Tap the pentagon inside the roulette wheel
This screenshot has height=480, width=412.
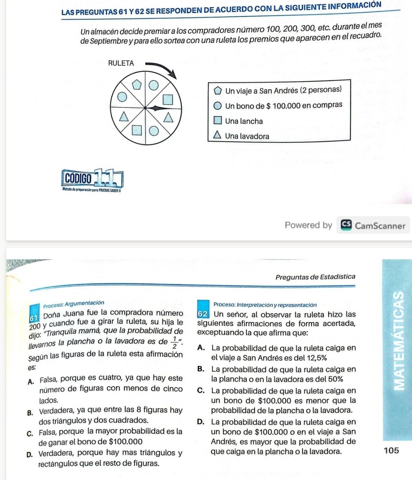point(138,84)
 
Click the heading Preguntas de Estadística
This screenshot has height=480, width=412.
point(315,277)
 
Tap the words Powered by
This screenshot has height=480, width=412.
point(308,225)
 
